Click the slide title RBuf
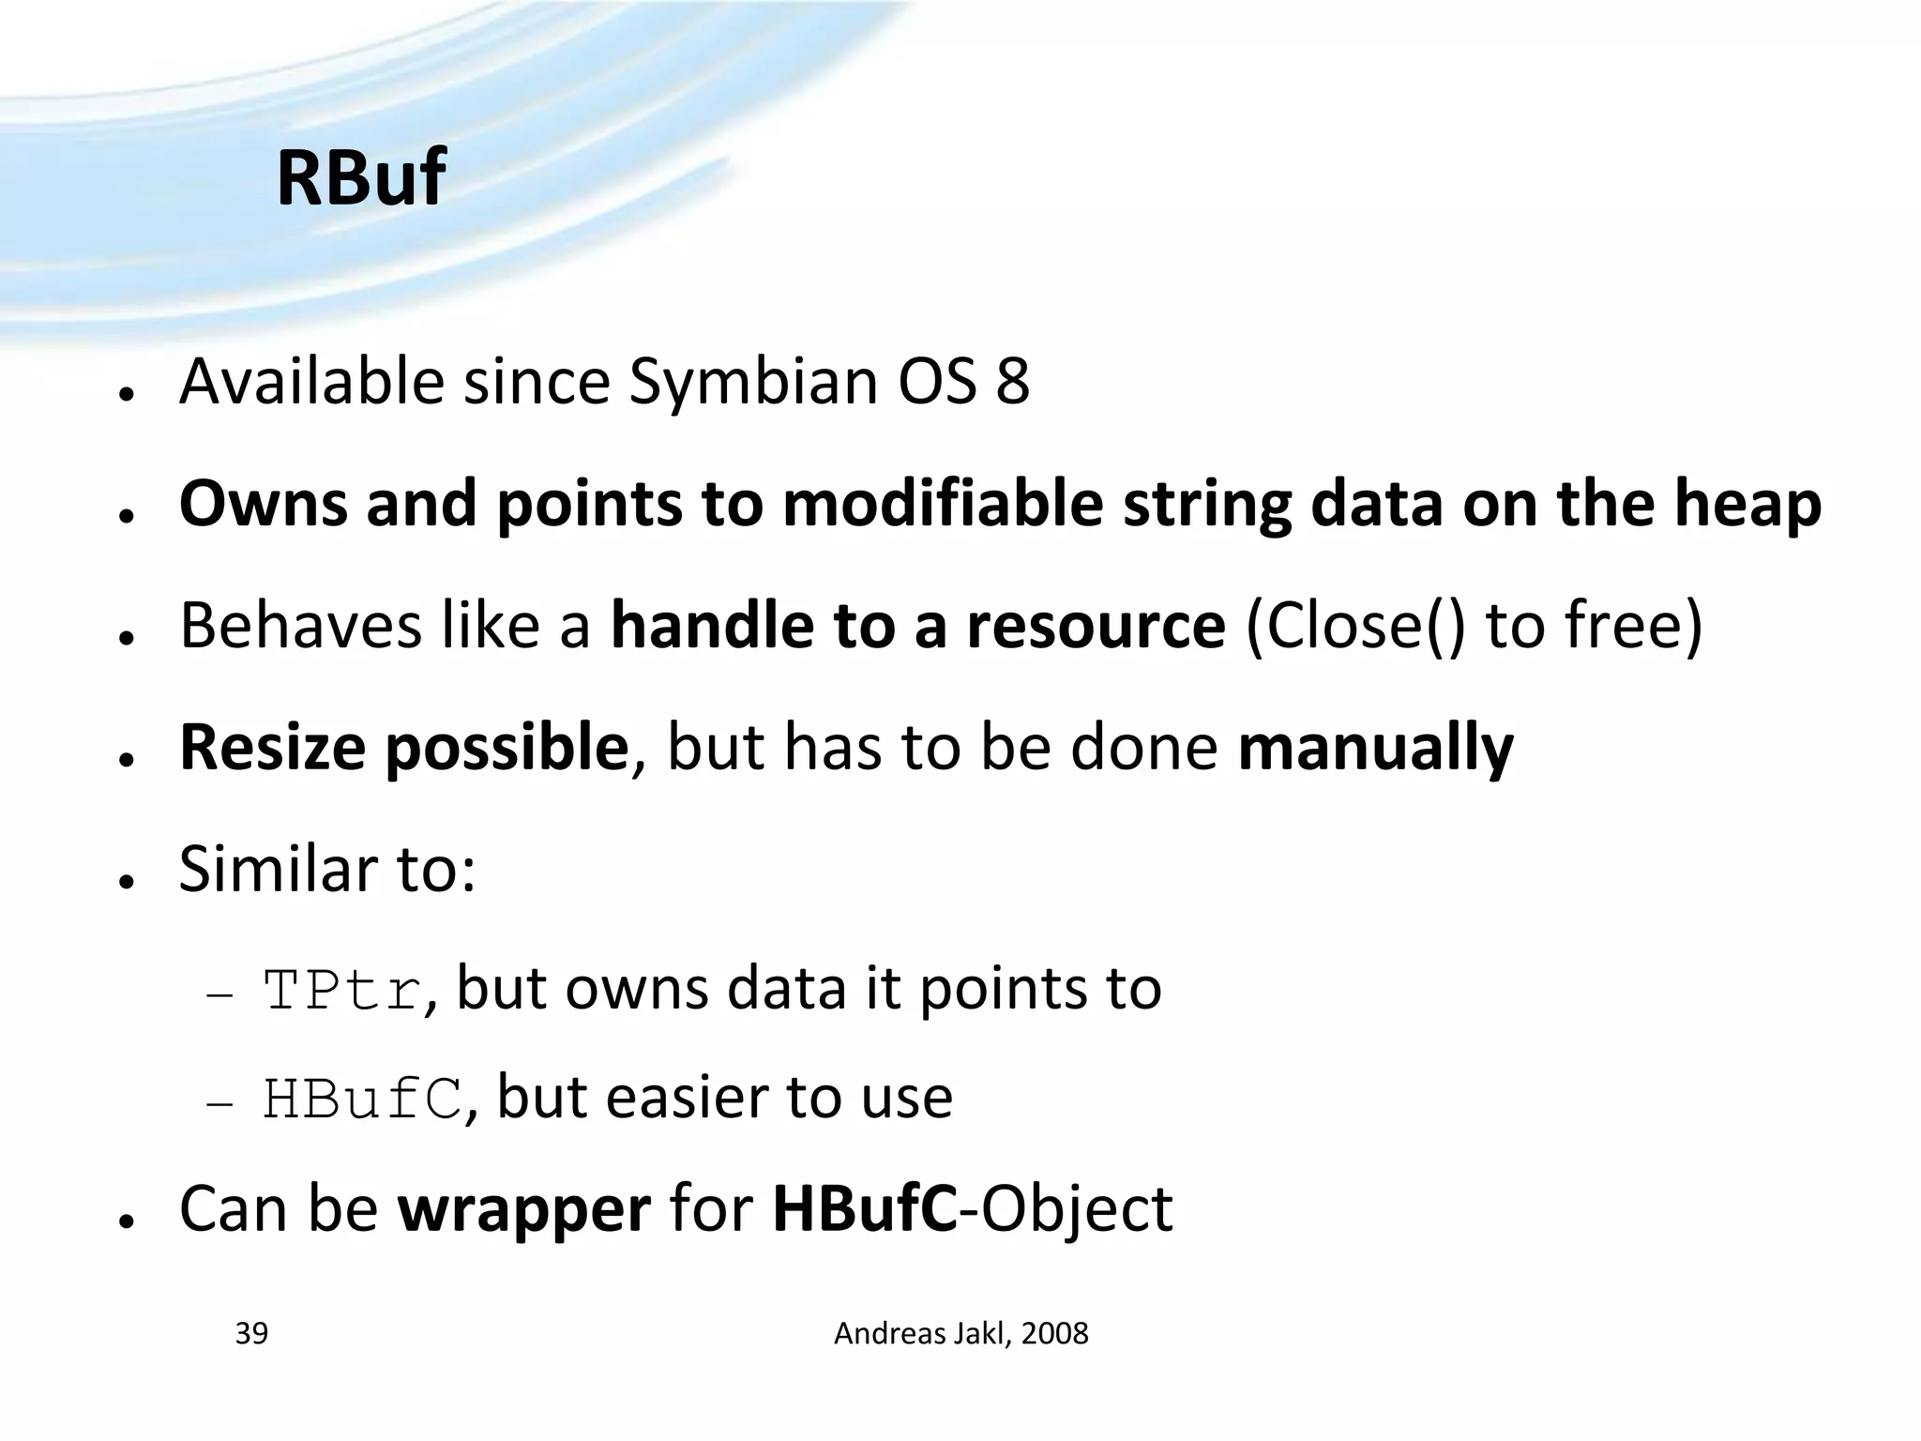click(360, 177)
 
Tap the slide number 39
click(251, 1333)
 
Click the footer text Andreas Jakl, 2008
click(960, 1333)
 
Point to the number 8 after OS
click(1012, 382)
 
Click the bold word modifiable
click(943, 504)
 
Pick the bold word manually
click(1375, 748)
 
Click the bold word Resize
click(272, 748)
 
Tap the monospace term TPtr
click(341, 991)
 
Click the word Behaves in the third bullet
click(300, 626)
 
